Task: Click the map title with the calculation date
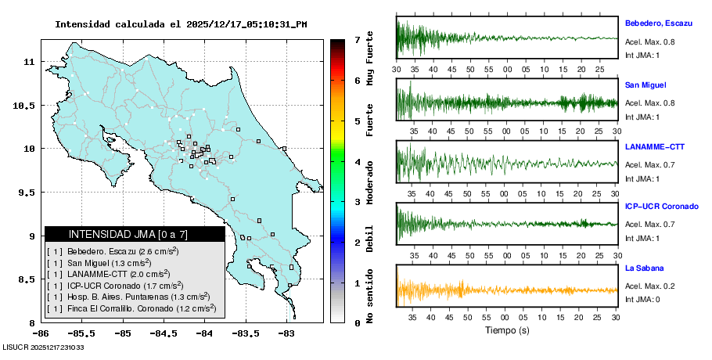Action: (x=181, y=24)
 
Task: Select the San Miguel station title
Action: (x=645, y=85)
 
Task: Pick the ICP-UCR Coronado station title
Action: (x=661, y=207)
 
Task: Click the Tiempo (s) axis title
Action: (x=506, y=330)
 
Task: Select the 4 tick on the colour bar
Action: (x=357, y=161)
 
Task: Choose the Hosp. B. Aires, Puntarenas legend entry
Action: (x=130, y=297)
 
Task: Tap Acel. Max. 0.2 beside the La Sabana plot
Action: (x=649, y=286)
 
